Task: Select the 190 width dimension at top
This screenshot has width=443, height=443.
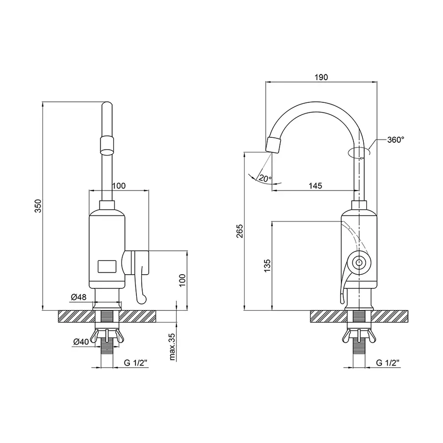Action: [321, 77]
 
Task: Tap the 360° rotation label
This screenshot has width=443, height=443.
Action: [395, 140]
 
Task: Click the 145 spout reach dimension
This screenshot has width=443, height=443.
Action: [315, 186]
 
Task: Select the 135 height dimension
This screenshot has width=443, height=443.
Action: [267, 266]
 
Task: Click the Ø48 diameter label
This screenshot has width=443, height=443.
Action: [79, 297]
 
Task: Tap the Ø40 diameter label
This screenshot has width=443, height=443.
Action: [81, 342]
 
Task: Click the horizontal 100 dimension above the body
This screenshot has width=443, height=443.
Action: [119, 186]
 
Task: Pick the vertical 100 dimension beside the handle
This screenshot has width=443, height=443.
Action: [182, 280]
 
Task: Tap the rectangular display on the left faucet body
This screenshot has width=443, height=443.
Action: [108, 266]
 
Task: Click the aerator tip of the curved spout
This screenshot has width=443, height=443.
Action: [273, 144]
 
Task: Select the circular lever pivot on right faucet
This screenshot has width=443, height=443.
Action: [359, 262]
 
